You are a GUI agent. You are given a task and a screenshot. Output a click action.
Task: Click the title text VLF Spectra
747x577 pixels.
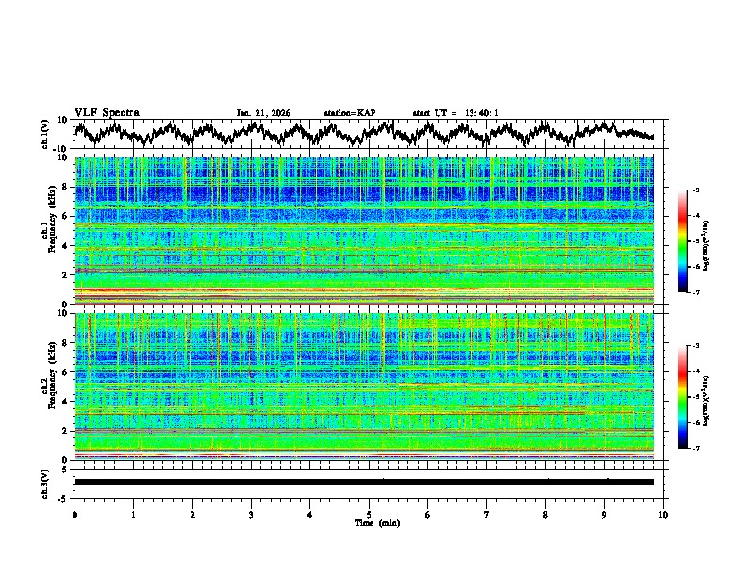tap(107, 112)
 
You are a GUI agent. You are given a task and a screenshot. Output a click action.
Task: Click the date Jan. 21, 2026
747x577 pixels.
tap(263, 113)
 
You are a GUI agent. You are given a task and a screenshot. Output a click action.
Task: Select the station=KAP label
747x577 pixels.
tap(349, 113)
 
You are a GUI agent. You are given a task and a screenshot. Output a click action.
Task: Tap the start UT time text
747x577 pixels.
tap(456, 113)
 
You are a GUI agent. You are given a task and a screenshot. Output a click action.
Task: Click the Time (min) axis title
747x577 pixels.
tap(369, 522)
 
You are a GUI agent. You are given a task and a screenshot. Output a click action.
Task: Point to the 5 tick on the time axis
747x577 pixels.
tap(369, 514)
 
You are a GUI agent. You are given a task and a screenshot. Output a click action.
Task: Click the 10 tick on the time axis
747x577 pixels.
tap(663, 514)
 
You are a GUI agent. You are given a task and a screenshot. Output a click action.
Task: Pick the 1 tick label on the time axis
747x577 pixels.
tap(133, 514)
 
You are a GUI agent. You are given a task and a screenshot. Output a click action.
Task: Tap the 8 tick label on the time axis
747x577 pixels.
tap(545, 514)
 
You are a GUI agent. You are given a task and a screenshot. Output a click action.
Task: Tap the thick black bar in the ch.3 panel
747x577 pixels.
tap(363, 482)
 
